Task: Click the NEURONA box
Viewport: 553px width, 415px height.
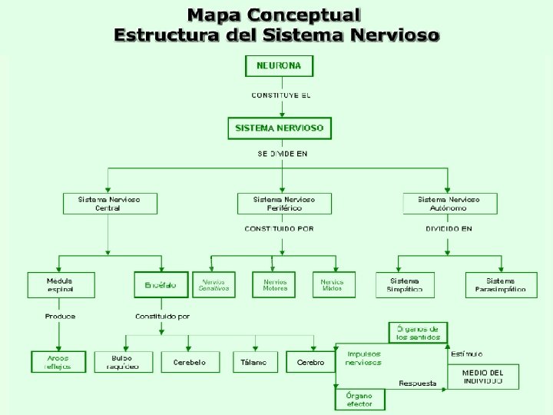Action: (279, 66)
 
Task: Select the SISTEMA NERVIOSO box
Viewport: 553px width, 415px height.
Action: (280, 128)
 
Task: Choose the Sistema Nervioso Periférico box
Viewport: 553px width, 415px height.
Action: (284, 204)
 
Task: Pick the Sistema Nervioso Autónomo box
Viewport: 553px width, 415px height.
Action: (449, 204)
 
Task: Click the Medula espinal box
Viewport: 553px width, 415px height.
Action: (61, 285)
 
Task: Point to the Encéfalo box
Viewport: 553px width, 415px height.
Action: (161, 285)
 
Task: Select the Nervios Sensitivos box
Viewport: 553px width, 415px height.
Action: (214, 285)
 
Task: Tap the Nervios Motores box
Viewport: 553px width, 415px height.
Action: (274, 285)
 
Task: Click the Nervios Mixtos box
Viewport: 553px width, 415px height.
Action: (333, 285)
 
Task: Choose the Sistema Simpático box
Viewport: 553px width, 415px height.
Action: (405, 285)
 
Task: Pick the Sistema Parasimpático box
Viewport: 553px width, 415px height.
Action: (500, 285)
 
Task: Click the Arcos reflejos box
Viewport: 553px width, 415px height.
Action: (58, 362)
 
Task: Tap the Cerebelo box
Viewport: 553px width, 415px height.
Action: (189, 362)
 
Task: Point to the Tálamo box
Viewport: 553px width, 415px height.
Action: (255, 362)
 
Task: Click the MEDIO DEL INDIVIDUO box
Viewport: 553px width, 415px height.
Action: (482, 377)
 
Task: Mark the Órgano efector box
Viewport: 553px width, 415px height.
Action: (359, 400)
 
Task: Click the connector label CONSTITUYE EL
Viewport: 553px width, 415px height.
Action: (280, 95)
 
